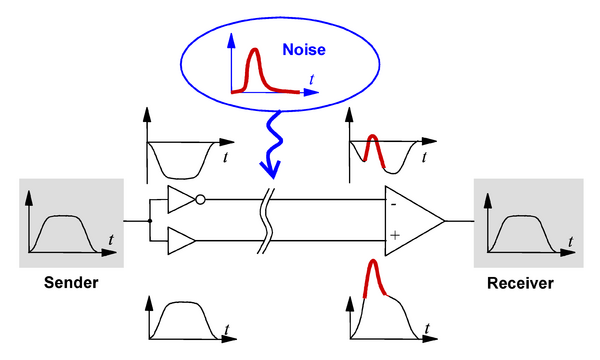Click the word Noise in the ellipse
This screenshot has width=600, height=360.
click(x=304, y=50)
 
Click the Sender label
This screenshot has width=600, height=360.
click(x=71, y=282)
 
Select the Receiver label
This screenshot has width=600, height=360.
click(x=520, y=283)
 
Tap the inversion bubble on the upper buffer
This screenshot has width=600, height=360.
click(x=200, y=199)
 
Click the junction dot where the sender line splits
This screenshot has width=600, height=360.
click(x=150, y=221)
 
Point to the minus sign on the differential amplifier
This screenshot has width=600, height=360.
click(x=393, y=205)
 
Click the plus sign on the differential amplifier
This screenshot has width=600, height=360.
click(x=395, y=235)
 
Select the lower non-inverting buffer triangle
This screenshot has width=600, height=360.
click(x=182, y=241)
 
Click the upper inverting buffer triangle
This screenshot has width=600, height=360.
click(x=182, y=199)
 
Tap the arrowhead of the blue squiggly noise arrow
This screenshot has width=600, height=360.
click(x=271, y=169)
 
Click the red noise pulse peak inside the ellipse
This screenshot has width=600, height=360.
click(x=254, y=49)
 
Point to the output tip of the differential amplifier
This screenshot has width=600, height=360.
click(x=444, y=221)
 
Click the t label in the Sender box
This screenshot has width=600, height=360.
click(x=111, y=239)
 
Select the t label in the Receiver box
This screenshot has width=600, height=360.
click(x=571, y=241)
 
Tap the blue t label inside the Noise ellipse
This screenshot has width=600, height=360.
click(x=311, y=79)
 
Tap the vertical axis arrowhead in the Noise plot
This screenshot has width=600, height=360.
click(x=231, y=40)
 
